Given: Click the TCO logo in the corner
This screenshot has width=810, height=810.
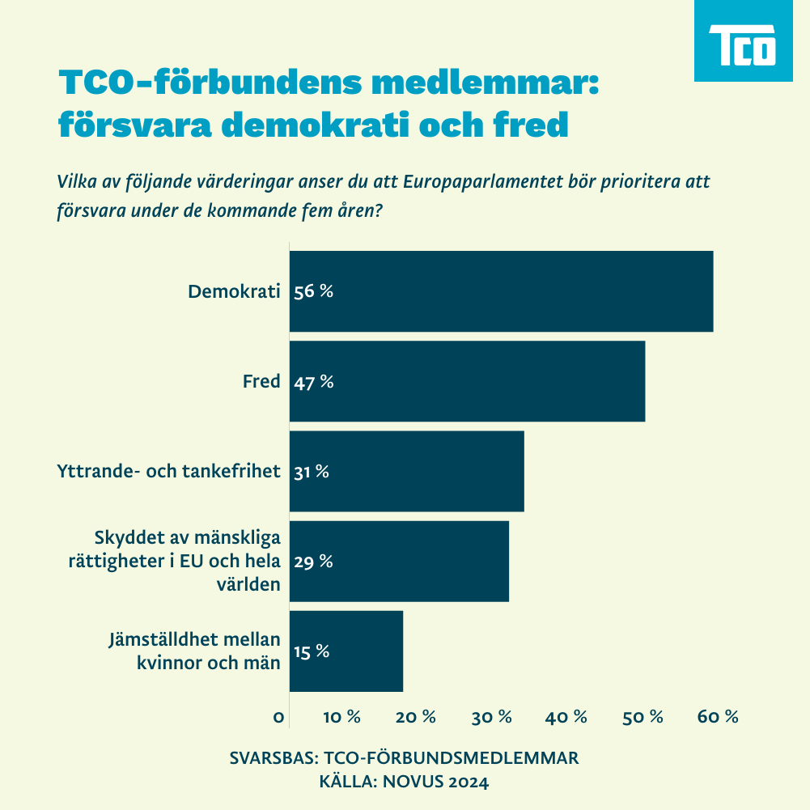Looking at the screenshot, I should point(743,43).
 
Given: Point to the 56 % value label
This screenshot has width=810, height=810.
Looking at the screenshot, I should point(313,292).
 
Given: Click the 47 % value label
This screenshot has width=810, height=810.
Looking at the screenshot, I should point(313,382).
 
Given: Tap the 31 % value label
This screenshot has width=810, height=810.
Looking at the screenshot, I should point(311,472).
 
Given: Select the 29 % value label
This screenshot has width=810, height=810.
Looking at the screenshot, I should point(312,562).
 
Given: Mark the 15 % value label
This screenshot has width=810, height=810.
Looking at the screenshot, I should point(311,651).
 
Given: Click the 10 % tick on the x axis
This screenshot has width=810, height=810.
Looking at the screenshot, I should point(341,717).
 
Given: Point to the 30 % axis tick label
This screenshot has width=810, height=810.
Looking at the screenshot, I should point(493,717).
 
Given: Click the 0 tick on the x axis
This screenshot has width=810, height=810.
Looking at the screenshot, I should point(279,718).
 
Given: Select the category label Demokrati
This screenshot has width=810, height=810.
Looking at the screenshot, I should point(234,291).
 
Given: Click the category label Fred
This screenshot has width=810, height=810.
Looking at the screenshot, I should point(261,381).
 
